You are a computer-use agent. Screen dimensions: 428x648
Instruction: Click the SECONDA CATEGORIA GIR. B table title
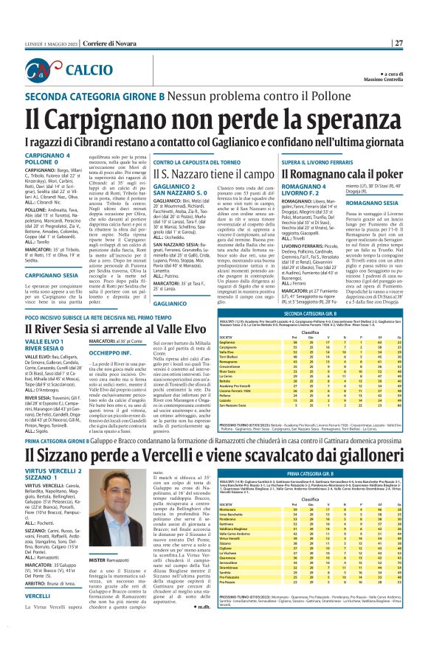click(x=327, y=312)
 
